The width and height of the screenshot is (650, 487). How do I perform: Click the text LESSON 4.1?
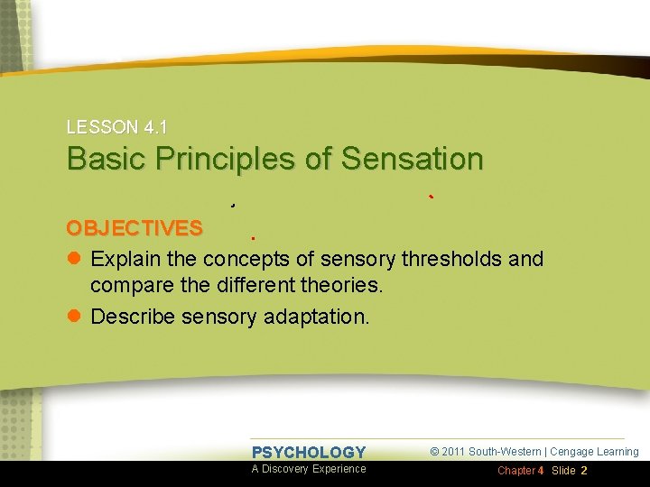116,128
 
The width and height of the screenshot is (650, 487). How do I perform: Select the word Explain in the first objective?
127,260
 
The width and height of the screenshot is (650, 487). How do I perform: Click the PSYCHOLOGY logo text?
309,453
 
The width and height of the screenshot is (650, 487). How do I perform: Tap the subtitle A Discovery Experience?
309,469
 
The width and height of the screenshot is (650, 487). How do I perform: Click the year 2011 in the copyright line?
453,452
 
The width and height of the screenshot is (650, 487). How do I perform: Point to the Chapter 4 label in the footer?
521,471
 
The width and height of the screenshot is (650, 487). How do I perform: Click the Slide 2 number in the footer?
570,471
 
